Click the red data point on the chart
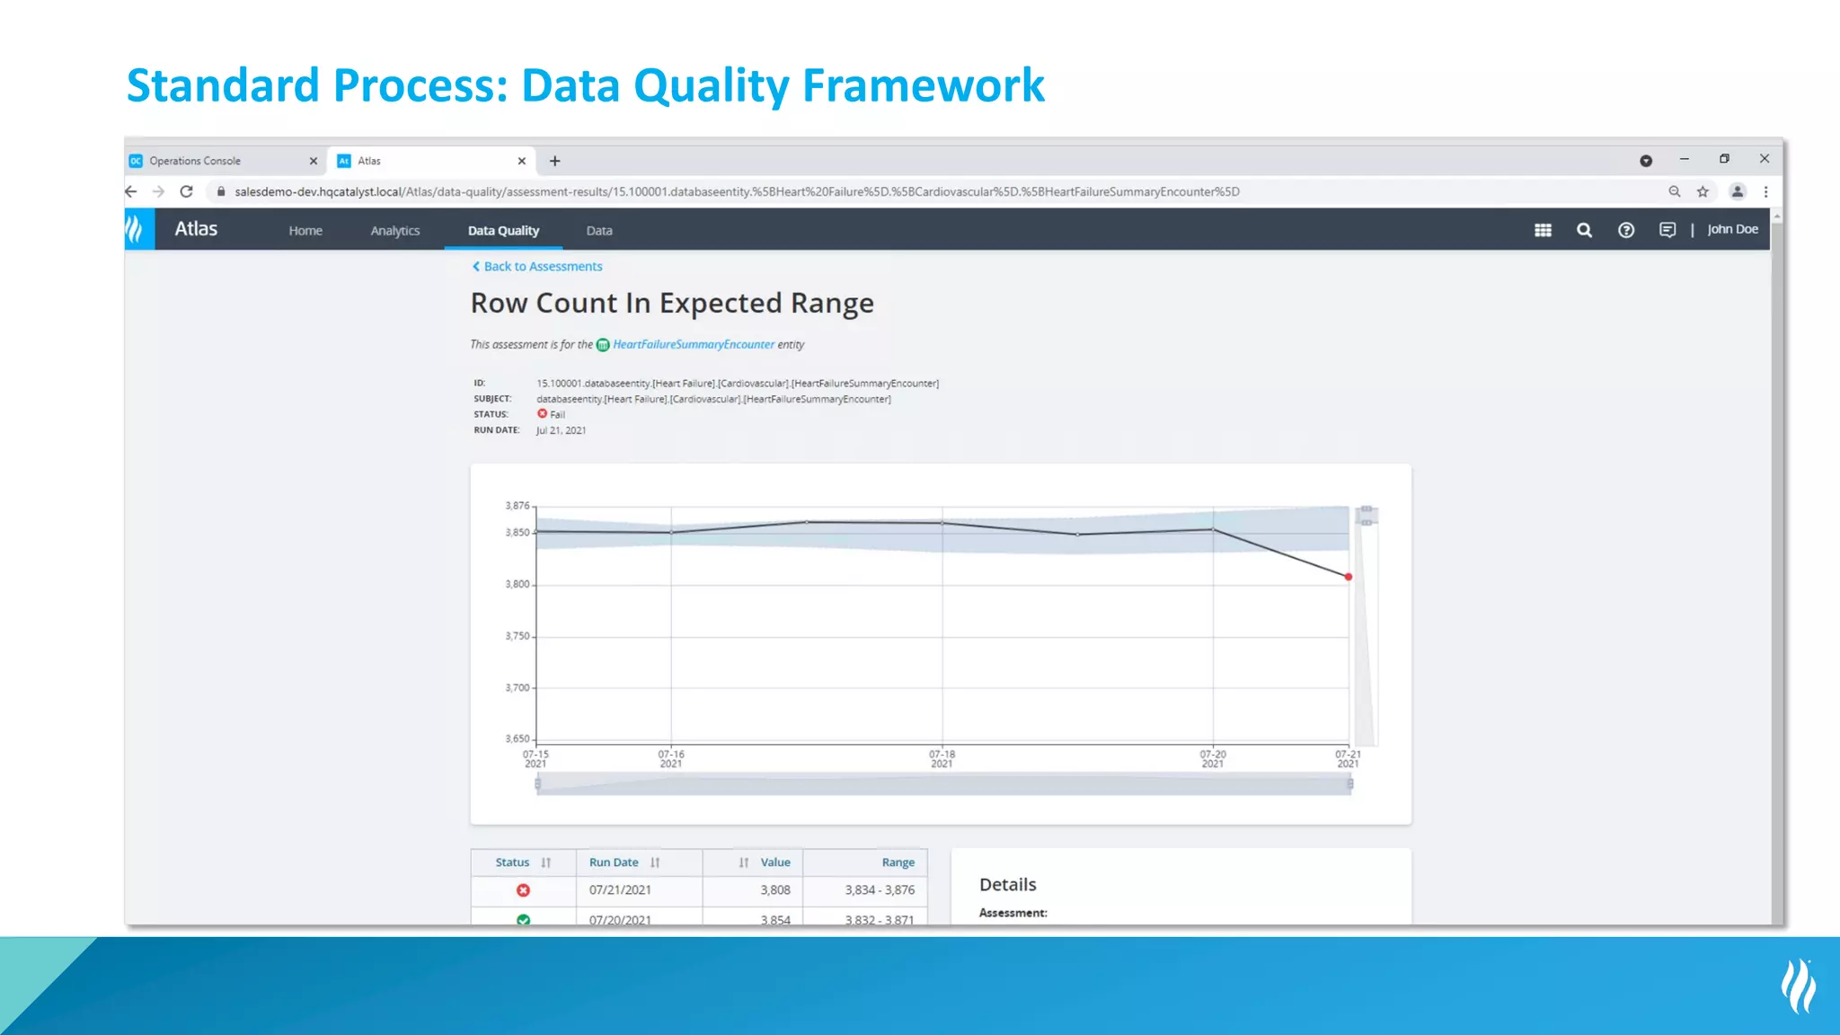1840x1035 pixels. pyautogui.click(x=1348, y=577)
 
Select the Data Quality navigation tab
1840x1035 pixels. pyautogui.click(x=503, y=231)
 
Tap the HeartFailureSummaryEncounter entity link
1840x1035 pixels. pyautogui.click(x=693, y=345)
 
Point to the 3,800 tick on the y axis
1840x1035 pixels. pyautogui.click(x=517, y=585)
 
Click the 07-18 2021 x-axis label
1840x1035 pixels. pyautogui.click(x=942, y=759)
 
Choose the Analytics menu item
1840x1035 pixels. pyautogui.click(x=395, y=231)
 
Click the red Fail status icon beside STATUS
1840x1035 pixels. pyautogui.click(x=543, y=414)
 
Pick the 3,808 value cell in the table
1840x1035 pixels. pyautogui.click(x=775, y=890)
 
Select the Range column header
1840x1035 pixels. pyautogui.click(x=898, y=862)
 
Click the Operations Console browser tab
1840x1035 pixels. pyautogui.click(x=195, y=162)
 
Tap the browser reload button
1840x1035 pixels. pyautogui.click(x=187, y=192)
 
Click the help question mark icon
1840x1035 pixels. pyautogui.click(x=1625, y=231)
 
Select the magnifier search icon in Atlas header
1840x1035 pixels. pyautogui.click(x=1584, y=231)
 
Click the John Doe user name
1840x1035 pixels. pyautogui.click(x=1732, y=230)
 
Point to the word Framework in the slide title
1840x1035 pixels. pyautogui.click(x=923, y=86)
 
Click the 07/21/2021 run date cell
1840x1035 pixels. pyautogui.click(x=620, y=890)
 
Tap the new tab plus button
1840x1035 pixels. pyautogui.click(x=555, y=162)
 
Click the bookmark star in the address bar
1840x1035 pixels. pyautogui.click(x=1703, y=192)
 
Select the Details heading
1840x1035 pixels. pyautogui.click(x=1007, y=885)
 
